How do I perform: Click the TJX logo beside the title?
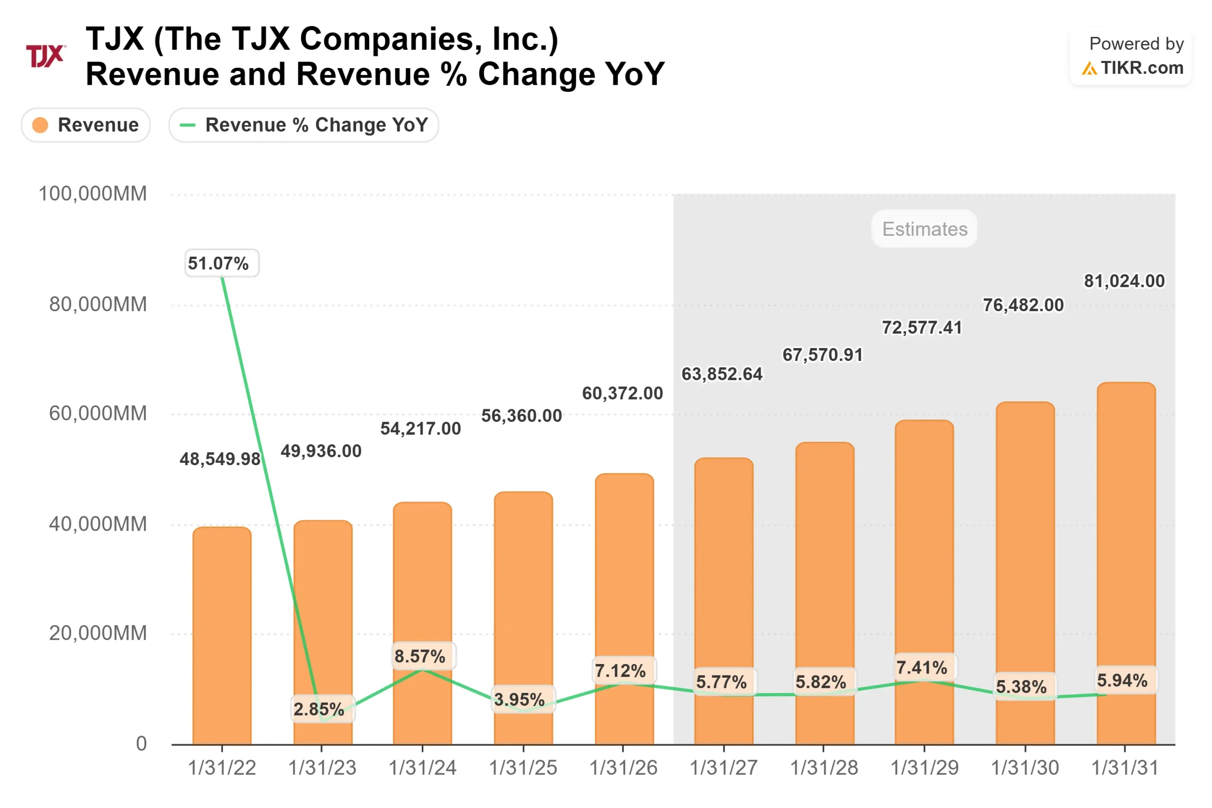click(x=45, y=56)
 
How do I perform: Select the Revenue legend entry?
click(x=86, y=125)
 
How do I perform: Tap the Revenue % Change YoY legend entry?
click(x=303, y=125)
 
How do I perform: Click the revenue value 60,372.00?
click(x=622, y=393)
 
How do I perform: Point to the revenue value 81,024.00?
click(x=1124, y=281)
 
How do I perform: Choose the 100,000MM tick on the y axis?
click(x=93, y=194)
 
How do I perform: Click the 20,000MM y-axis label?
click(x=98, y=633)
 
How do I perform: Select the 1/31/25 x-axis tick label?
click(x=523, y=768)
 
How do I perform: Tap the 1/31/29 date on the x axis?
click(x=924, y=768)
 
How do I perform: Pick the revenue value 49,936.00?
click(x=321, y=451)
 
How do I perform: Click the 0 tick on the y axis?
click(x=141, y=744)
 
